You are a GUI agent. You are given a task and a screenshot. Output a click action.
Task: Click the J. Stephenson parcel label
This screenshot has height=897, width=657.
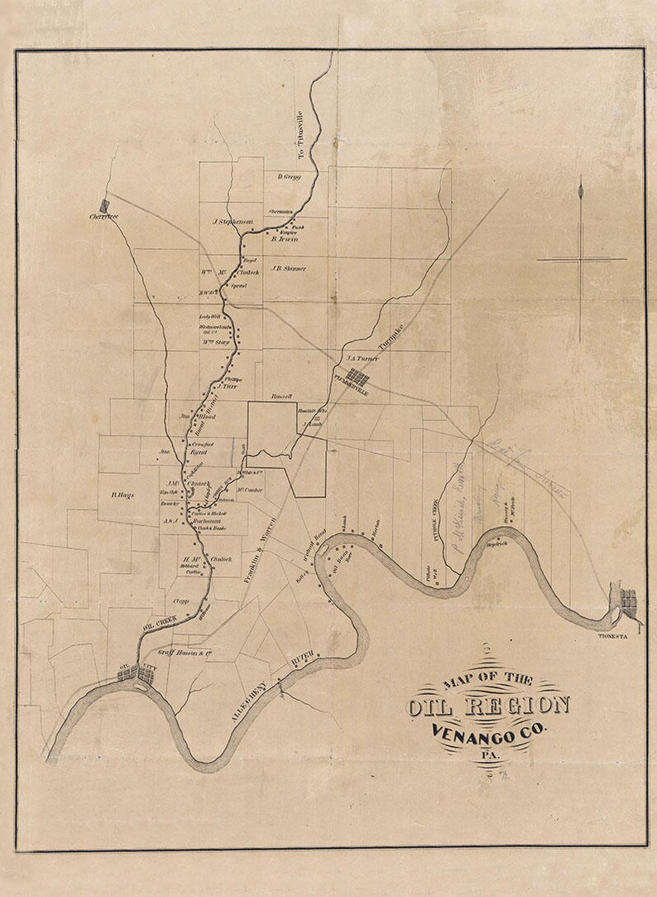coord(232,221)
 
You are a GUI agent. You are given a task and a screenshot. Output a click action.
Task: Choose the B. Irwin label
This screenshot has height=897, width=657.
coord(283,239)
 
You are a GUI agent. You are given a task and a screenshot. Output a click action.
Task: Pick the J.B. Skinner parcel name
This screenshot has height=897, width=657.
coord(288,268)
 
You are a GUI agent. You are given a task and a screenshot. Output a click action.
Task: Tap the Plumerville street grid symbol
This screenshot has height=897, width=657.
coord(357,379)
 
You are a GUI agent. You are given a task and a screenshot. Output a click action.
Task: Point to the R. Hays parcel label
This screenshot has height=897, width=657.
coord(122,495)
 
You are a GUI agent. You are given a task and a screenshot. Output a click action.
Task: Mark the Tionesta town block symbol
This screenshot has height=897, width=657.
coord(629,601)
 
